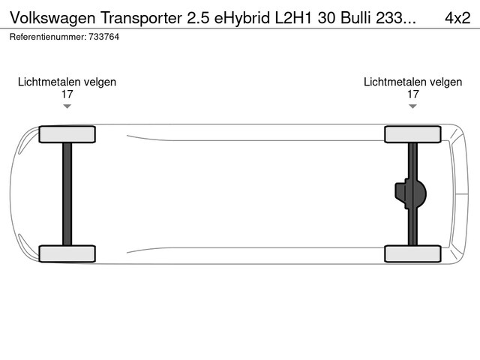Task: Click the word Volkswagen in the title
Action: (52, 18)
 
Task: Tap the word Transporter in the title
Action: (141, 18)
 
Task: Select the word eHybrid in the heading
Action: (242, 18)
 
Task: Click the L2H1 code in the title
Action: (293, 18)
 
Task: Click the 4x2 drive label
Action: (457, 18)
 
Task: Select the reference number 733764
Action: (103, 37)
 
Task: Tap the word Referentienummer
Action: (48, 37)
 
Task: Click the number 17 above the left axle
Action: (67, 94)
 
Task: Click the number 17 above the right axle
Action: (412, 94)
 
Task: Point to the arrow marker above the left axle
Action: (67, 106)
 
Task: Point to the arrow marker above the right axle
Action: (412, 106)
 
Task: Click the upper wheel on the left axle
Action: (67, 134)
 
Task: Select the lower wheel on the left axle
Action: (67, 253)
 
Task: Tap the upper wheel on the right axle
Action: (412, 134)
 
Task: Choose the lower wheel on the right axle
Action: (412, 253)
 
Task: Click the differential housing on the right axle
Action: (410, 193)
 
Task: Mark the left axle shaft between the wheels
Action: (67, 194)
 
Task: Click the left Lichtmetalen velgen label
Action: (67, 82)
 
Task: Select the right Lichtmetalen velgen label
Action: (412, 82)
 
